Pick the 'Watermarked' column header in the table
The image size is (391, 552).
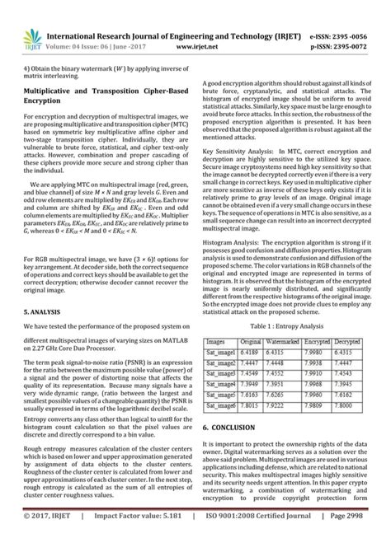(x=284, y=339)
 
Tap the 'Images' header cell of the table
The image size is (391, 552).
(x=219, y=339)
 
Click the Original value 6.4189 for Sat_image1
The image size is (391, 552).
(x=252, y=351)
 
